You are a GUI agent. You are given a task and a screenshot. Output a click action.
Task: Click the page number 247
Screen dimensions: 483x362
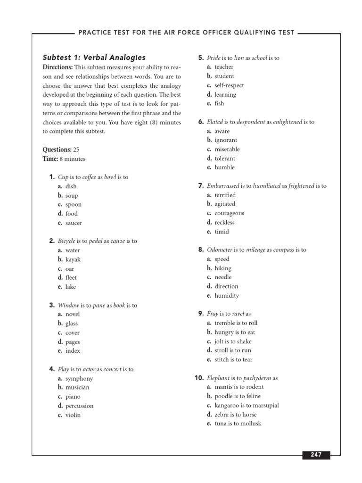coord(316,455)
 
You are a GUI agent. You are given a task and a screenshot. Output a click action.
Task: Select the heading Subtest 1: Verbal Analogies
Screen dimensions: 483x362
coord(94,58)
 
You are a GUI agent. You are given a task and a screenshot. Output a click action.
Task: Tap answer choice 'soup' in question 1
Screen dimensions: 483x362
coord(72,195)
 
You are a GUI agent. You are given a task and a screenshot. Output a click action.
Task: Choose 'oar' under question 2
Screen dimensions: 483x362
coord(70,268)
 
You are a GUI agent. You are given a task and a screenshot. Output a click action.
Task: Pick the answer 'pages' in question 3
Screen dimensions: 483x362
coord(73,341)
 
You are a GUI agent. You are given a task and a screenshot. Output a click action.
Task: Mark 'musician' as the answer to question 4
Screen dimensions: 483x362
coord(77,387)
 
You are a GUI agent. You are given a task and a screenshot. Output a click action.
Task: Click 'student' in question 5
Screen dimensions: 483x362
coord(224,76)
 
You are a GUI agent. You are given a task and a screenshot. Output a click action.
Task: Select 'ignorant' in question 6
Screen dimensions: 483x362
coord(226,140)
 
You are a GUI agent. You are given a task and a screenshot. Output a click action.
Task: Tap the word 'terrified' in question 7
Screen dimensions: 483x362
coord(225,195)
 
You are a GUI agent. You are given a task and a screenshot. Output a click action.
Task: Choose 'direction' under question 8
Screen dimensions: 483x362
coord(226,286)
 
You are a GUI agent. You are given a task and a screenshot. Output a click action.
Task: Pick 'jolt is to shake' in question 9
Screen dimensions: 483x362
coord(233,341)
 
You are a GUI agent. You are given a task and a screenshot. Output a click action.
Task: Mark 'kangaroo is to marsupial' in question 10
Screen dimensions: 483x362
coord(247,405)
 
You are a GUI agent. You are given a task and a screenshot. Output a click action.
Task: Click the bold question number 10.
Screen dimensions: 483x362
coord(198,378)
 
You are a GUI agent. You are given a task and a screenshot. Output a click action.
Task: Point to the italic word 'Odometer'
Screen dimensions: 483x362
coord(219,250)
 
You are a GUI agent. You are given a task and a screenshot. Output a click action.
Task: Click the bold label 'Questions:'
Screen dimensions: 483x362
coord(57,150)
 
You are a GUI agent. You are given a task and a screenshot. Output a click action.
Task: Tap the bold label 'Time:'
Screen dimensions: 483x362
coord(50,159)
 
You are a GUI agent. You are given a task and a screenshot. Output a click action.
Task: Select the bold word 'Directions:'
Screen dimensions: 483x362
coord(58,67)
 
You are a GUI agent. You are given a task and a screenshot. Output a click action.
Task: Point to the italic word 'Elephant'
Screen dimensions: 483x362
coord(218,378)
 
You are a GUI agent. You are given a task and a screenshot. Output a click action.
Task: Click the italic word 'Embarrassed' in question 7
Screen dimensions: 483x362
coord(223,186)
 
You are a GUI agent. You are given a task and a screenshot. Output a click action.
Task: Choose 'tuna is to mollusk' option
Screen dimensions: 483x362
coord(238,424)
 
